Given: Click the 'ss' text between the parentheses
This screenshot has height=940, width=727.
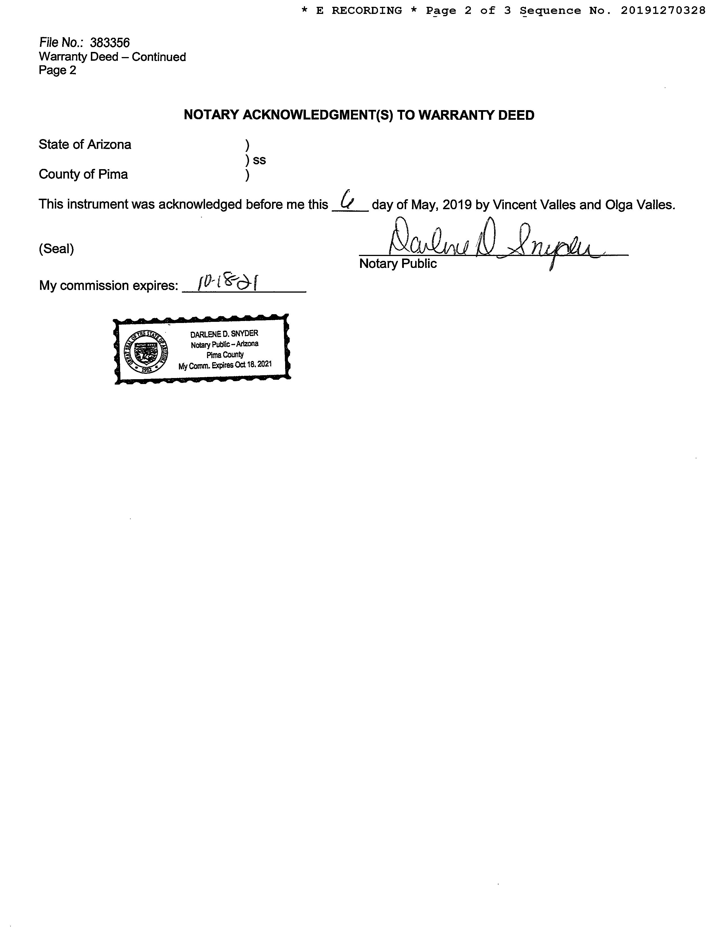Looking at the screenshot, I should (259, 160).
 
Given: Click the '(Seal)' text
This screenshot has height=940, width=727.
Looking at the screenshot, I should (57, 249).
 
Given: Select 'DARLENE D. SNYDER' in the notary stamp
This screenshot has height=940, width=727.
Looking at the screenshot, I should (224, 333).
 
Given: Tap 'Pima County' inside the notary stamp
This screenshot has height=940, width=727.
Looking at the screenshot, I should (225, 355).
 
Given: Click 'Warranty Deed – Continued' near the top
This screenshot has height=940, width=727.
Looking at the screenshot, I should (112, 57).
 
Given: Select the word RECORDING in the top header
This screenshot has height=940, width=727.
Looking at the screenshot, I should (367, 11).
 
